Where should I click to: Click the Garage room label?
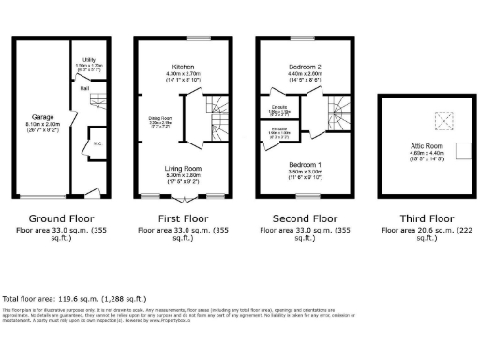point(41,118)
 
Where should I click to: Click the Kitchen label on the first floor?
point(183,67)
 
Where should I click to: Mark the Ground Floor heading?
point(58,216)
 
